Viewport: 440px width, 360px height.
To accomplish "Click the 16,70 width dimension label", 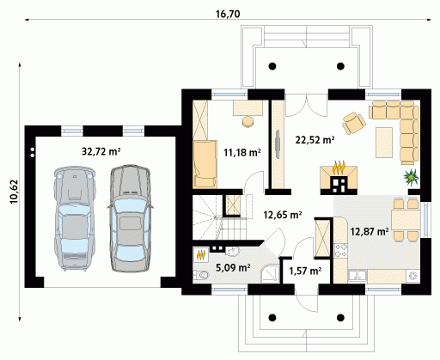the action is pyautogui.click(x=228, y=14).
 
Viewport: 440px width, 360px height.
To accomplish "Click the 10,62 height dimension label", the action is pyautogui.click(x=14, y=192).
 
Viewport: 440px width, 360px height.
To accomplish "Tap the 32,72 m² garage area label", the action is pyautogui.click(x=101, y=151).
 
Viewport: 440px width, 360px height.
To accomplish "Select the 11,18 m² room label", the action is pyautogui.click(x=242, y=152).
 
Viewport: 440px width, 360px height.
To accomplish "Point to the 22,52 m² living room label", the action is pyautogui.click(x=315, y=140).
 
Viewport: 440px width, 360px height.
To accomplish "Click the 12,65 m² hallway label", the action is pyautogui.click(x=283, y=215).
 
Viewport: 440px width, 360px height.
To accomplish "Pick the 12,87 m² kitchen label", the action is pyautogui.click(x=370, y=231).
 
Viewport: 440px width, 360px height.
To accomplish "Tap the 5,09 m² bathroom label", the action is pyautogui.click(x=233, y=267).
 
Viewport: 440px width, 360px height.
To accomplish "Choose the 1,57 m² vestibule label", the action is pyautogui.click(x=305, y=271).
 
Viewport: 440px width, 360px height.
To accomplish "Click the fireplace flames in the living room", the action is pyautogui.click(x=339, y=168).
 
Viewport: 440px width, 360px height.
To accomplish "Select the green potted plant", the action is pyautogui.click(x=412, y=177).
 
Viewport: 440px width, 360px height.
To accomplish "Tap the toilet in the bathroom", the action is pyautogui.click(x=201, y=276).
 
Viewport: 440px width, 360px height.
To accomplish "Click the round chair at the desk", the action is pyautogui.click(x=247, y=121).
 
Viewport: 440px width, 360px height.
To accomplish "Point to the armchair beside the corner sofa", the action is pyautogui.click(x=354, y=124).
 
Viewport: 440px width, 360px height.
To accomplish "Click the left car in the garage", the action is pyautogui.click(x=74, y=218).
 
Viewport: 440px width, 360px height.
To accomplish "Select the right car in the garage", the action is pyautogui.click(x=131, y=218).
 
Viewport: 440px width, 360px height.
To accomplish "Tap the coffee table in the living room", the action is pyautogui.click(x=384, y=143).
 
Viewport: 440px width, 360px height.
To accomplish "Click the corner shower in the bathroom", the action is pyautogui.click(x=270, y=273).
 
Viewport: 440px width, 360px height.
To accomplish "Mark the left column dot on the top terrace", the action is pyautogui.click(x=272, y=66).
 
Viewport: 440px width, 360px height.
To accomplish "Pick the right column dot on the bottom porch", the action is pyautogui.click(x=340, y=318).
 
